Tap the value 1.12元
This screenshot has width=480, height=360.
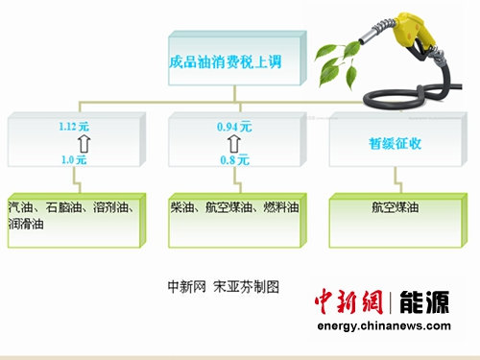[x=72, y=125]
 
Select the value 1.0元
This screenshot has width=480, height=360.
[x=72, y=158]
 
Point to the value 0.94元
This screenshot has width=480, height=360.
[x=233, y=125]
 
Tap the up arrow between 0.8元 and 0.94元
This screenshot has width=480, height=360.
[x=234, y=142]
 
